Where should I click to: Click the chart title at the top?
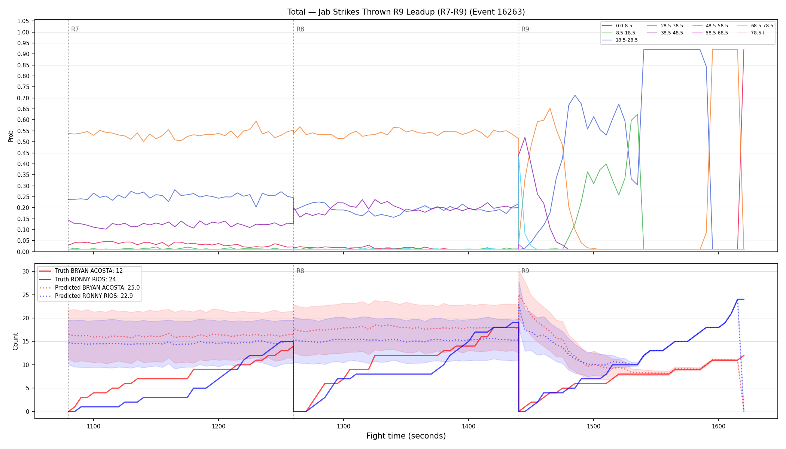[x=406, y=12]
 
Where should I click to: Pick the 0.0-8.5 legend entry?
[x=617, y=26]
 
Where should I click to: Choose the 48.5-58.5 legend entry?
[x=710, y=26]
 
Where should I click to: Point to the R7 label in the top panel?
[x=75, y=29]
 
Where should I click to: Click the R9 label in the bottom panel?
[x=525, y=271]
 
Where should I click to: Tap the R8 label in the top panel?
[x=300, y=29]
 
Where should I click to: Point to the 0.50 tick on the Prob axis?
[x=23, y=142]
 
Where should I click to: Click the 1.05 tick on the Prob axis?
[x=23, y=21]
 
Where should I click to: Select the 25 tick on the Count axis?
[x=26, y=295]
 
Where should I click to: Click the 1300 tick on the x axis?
[x=344, y=426]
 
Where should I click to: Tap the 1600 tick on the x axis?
[x=719, y=426]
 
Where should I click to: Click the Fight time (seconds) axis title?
[x=406, y=436]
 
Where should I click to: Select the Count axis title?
[x=15, y=341]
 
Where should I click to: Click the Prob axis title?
[x=10, y=136]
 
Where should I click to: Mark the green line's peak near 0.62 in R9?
[x=637, y=114]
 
